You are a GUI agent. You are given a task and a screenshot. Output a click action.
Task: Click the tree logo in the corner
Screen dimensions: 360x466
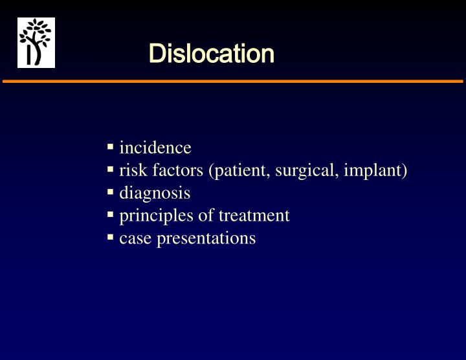pos(36,43)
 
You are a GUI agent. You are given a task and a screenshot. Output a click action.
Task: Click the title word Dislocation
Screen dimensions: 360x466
pos(211,54)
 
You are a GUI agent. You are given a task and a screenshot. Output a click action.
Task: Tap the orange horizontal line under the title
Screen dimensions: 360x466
pos(233,82)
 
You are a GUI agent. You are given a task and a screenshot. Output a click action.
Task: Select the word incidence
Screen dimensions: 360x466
pos(155,148)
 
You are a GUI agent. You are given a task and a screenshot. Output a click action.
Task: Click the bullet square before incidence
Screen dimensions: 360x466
pos(111,147)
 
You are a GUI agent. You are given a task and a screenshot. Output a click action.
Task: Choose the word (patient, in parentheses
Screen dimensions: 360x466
pos(239,171)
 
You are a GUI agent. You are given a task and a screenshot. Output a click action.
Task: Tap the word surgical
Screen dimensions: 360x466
pos(307,171)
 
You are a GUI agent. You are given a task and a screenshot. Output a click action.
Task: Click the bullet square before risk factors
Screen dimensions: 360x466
pos(111,170)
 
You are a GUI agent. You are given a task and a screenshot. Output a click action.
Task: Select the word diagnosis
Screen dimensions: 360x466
pos(155,193)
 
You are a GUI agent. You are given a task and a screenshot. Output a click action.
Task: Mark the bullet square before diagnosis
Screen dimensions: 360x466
pos(111,192)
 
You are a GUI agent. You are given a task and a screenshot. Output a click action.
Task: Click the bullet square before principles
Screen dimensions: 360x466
pos(111,215)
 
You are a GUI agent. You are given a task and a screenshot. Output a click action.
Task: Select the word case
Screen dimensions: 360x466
pos(133,238)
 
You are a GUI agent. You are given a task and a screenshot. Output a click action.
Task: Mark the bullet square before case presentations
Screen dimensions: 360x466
pos(111,238)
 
